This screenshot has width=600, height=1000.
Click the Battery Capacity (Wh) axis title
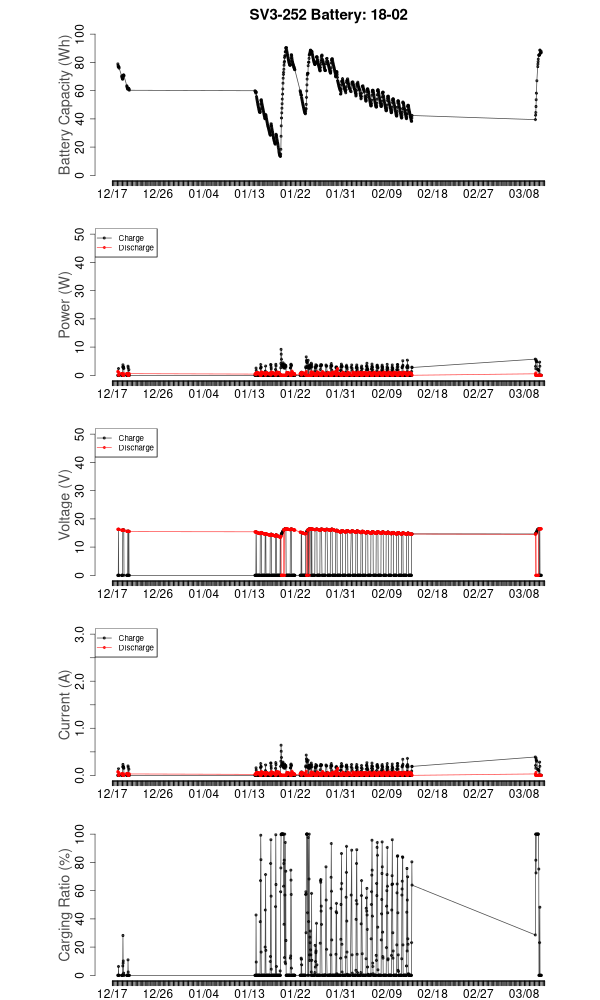coord(65,105)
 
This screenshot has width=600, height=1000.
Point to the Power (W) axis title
coord(65,305)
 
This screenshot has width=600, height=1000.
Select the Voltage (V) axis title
coord(65,505)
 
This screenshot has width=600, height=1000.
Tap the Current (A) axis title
coord(65,705)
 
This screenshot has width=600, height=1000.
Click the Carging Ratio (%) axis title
coord(65,905)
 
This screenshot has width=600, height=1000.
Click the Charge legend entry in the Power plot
coord(131,238)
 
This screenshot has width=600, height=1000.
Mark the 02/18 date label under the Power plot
coord(433,394)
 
